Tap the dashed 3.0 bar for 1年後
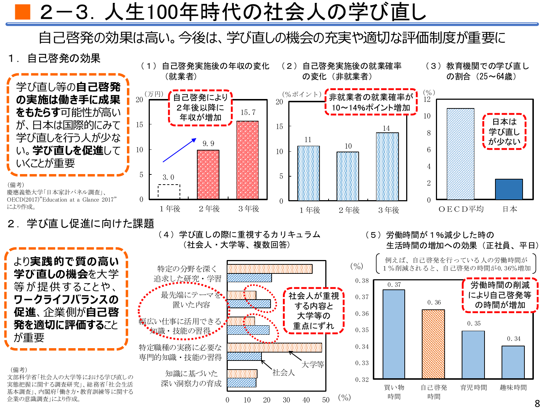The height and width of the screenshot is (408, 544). click(x=169, y=191)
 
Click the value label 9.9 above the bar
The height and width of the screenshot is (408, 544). click(x=208, y=144)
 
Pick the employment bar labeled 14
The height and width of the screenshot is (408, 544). click(x=387, y=166)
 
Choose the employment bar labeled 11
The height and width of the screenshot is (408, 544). click(x=309, y=173)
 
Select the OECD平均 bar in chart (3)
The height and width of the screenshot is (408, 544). click(x=460, y=154)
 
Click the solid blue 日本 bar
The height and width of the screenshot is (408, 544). click(x=509, y=189)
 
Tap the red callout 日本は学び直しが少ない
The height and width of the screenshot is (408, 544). click(x=504, y=131)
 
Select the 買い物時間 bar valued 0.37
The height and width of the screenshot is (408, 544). click(x=394, y=334)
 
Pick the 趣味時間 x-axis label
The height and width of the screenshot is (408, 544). click(x=513, y=387)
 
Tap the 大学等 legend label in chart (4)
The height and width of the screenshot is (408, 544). click(x=313, y=364)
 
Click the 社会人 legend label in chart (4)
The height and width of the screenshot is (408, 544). click(x=284, y=372)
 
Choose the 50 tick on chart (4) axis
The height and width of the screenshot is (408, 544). click(x=326, y=400)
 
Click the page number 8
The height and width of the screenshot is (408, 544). click(x=537, y=403)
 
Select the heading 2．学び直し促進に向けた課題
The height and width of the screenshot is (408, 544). click(x=81, y=223)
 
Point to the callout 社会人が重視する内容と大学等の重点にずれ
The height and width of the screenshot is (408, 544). click(x=314, y=311)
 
